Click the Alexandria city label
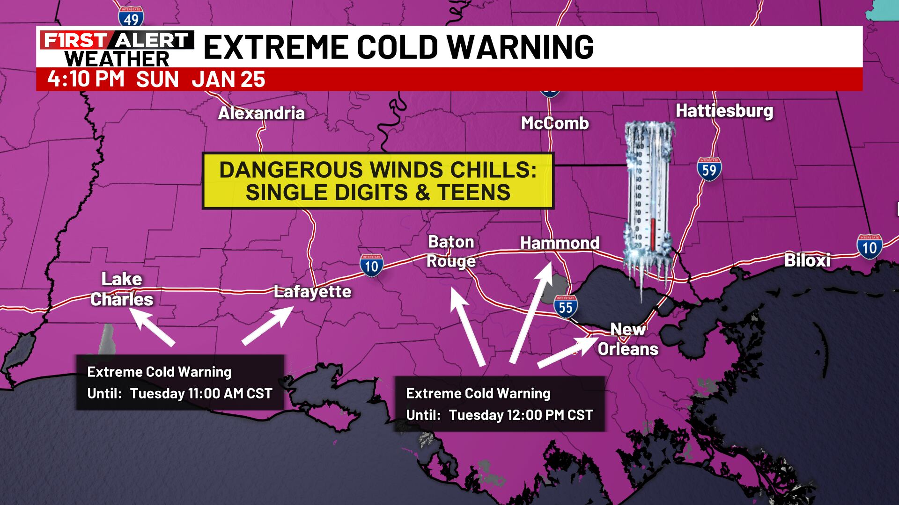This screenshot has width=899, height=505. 261,113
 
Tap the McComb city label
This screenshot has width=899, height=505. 555,123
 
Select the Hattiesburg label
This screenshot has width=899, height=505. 724,111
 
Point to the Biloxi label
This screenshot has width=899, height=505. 807,260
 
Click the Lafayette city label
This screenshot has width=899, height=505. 312,291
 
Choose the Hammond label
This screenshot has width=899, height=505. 560,243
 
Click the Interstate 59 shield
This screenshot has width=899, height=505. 709,169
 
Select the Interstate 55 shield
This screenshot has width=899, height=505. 565,306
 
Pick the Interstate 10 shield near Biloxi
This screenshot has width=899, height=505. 869,246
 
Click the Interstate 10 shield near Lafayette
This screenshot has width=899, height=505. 371,266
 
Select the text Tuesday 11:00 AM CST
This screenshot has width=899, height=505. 201,393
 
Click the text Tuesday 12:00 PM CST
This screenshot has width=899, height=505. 521,415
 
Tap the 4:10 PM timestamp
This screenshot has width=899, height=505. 86,79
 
